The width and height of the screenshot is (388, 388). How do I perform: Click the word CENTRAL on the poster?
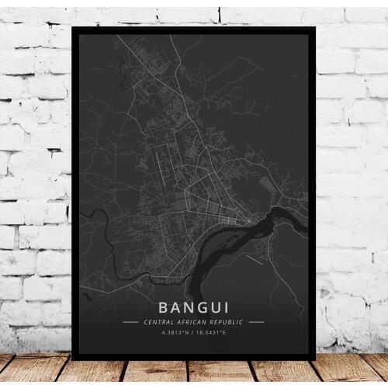pyautogui.click(x=159, y=321)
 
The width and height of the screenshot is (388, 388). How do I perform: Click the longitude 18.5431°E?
pyautogui.click(x=211, y=334)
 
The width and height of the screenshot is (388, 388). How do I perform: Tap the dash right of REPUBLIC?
pyautogui.click(x=257, y=321)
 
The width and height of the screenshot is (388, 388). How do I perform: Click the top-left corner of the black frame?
pyautogui.click(x=73, y=28)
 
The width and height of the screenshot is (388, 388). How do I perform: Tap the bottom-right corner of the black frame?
pyautogui.click(x=315, y=359)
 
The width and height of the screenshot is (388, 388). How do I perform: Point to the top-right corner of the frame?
pyautogui.click(x=315, y=28)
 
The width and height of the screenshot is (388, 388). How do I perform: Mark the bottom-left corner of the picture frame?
pyautogui.click(x=73, y=359)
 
